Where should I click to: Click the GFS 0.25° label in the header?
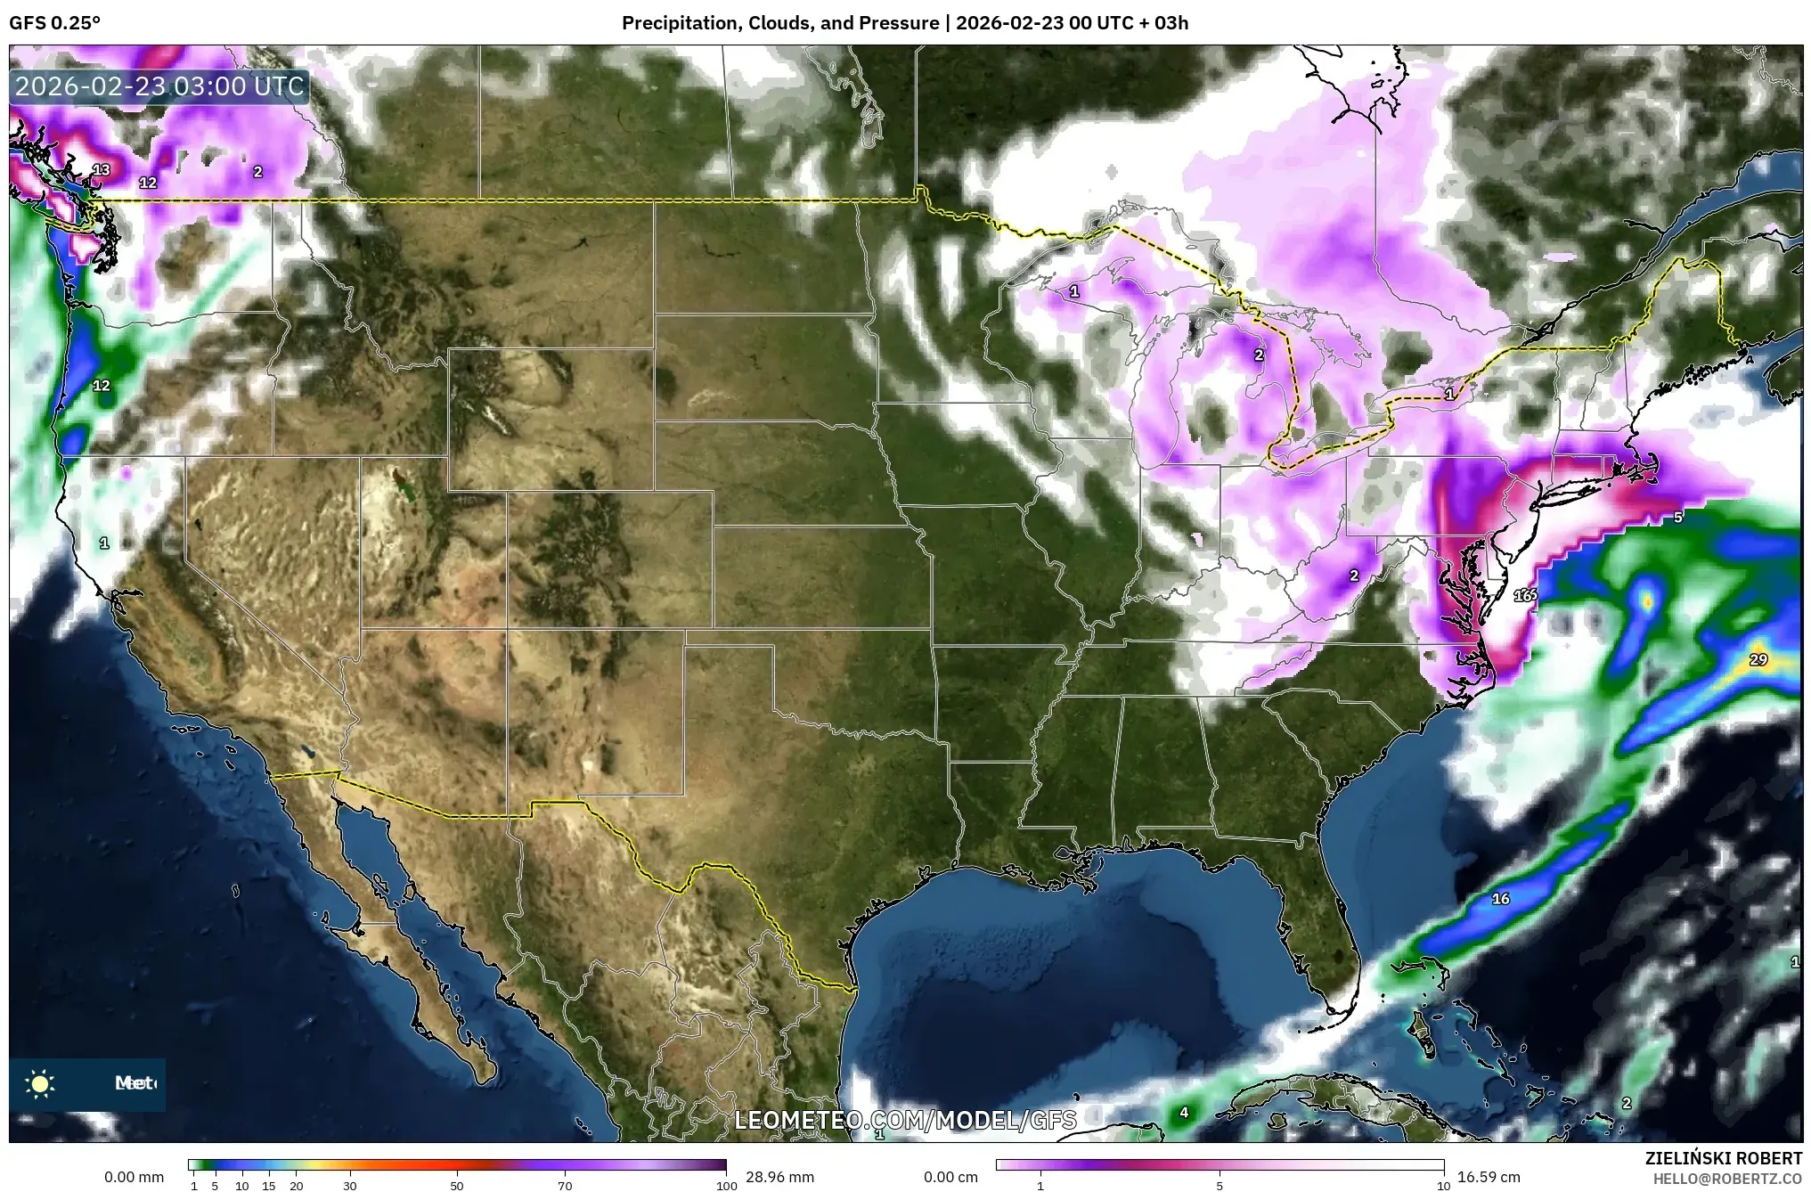click(x=54, y=23)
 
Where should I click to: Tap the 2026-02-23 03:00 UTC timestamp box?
click(x=160, y=86)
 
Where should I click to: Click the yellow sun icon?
click(x=40, y=1083)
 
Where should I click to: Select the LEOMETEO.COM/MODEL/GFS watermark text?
click(x=905, y=1120)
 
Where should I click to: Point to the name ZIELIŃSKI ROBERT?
click(x=1723, y=1158)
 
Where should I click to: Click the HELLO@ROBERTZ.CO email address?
click(x=1727, y=1178)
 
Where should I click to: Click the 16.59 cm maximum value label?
click(x=1489, y=1177)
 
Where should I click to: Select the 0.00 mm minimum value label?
click(x=134, y=1177)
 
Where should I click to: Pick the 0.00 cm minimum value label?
click(x=950, y=1177)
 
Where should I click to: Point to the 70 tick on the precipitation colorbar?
click(x=565, y=1186)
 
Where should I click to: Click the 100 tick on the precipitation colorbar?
click(x=726, y=1186)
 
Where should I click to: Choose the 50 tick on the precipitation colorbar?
click(x=457, y=1186)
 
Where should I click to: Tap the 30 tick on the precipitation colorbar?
click(x=350, y=1186)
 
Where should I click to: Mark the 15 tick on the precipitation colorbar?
click(x=269, y=1186)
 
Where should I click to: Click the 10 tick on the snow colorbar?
click(x=1443, y=1186)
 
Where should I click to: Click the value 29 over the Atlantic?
click(x=1758, y=660)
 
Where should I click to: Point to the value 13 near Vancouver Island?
click(x=101, y=170)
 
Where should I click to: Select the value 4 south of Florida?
click(x=1184, y=1112)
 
